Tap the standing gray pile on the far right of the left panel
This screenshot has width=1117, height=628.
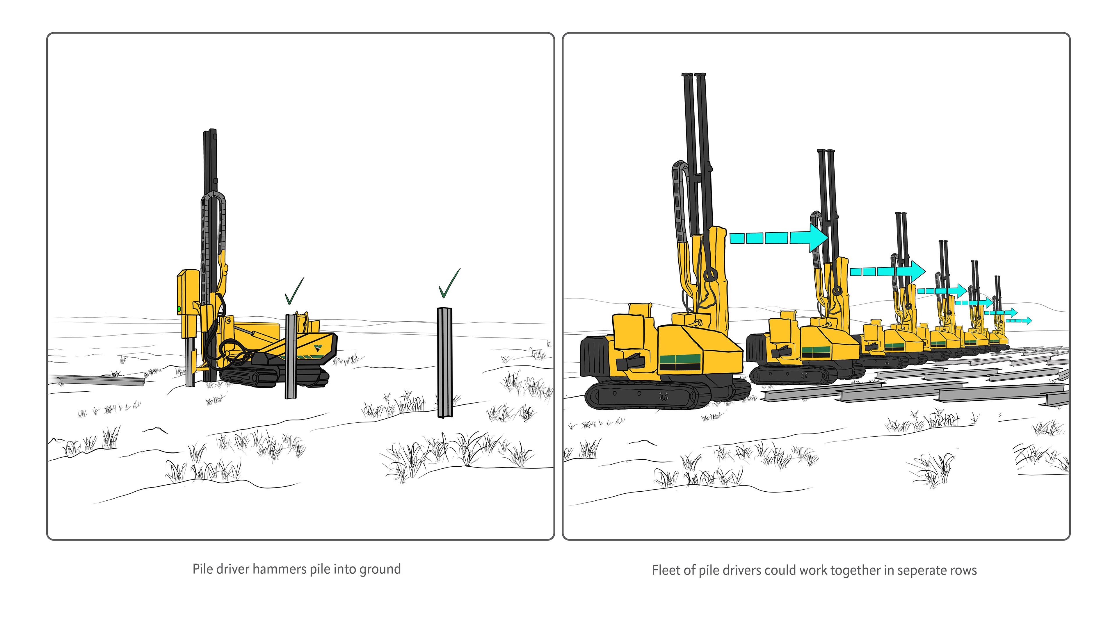(444, 362)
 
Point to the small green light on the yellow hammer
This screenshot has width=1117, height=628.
(179, 309)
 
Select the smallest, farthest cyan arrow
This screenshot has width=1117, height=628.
(1019, 321)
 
